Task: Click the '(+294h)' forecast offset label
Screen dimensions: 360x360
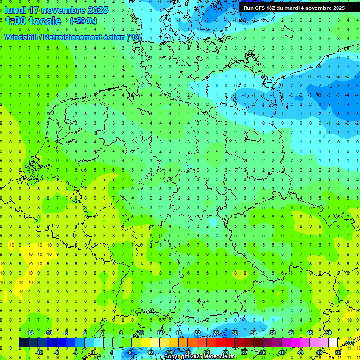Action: coord(83,21)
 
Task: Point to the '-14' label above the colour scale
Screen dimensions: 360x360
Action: coord(29,333)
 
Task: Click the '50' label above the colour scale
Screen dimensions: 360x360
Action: coord(328,333)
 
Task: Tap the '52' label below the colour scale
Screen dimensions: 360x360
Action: coord(338,352)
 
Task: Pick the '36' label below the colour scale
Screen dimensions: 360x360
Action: coord(262,352)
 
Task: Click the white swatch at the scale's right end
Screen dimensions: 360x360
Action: coord(333,342)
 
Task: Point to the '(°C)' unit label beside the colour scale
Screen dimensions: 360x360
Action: coord(348,343)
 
